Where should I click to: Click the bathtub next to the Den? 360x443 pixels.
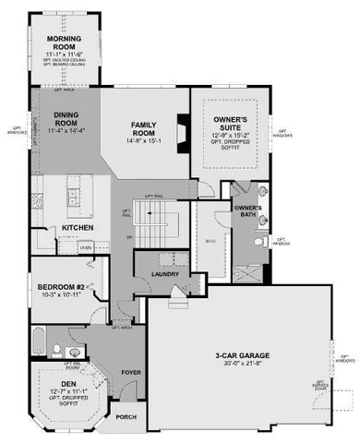click(x=38, y=343)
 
